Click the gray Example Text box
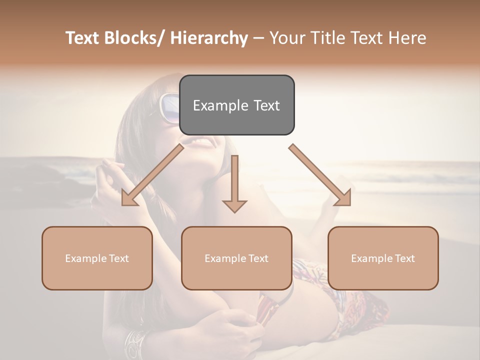[236, 105]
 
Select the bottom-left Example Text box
[97, 258]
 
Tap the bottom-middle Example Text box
[236, 258]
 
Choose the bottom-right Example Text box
[383, 258]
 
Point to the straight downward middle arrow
[234, 182]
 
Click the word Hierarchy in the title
[209, 38]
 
